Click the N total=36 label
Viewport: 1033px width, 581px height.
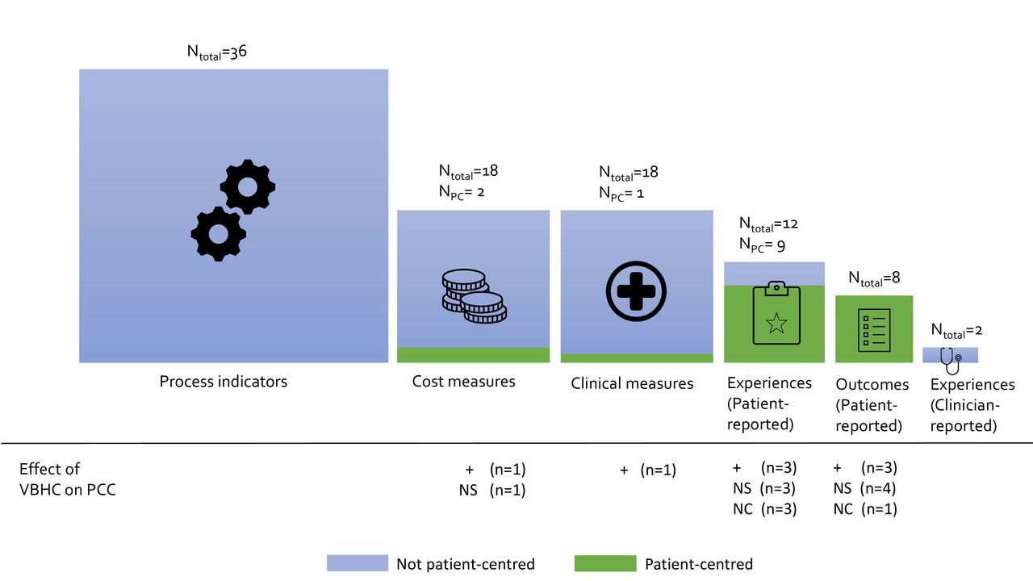[x=217, y=52]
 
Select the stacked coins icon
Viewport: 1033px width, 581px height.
[x=474, y=296]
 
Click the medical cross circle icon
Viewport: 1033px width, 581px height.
[x=636, y=291]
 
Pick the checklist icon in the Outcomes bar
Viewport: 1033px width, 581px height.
[x=874, y=331]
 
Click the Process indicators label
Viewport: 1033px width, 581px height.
[x=224, y=382]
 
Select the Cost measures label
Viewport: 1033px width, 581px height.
[x=463, y=382]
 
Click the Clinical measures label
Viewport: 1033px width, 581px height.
[x=632, y=383]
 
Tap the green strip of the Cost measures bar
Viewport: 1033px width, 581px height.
[x=473, y=354]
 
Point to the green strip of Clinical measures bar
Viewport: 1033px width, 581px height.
[x=637, y=357]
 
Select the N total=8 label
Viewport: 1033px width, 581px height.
[x=874, y=278]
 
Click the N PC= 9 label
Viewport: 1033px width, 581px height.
[x=762, y=245]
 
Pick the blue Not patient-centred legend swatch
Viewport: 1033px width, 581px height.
[x=358, y=563]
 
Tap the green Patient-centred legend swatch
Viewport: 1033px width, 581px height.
[x=605, y=563]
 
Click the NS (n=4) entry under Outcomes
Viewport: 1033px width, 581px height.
[x=864, y=488]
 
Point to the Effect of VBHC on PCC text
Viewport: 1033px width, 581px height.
[x=67, y=479]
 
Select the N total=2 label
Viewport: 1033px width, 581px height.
[x=956, y=331]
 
